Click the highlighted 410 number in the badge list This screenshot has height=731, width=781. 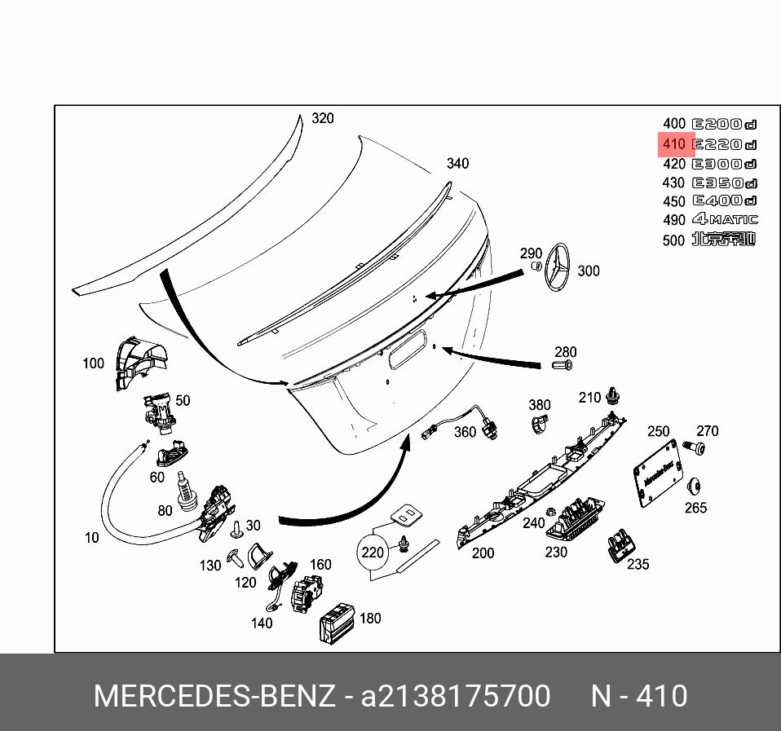click(x=674, y=144)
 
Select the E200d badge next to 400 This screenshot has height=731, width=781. click(x=724, y=125)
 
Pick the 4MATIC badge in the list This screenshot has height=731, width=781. click(x=724, y=219)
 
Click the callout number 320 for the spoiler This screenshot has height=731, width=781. click(x=323, y=118)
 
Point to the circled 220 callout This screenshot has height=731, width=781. click(x=372, y=553)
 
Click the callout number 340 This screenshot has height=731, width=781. click(x=457, y=164)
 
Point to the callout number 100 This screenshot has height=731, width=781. click(x=93, y=363)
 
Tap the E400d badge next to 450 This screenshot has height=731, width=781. click(x=724, y=200)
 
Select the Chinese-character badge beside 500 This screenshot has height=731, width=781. click(x=724, y=240)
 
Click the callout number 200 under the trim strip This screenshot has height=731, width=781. click(x=483, y=553)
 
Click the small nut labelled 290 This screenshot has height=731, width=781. click(x=536, y=266)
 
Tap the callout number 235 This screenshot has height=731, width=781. click(x=638, y=564)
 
